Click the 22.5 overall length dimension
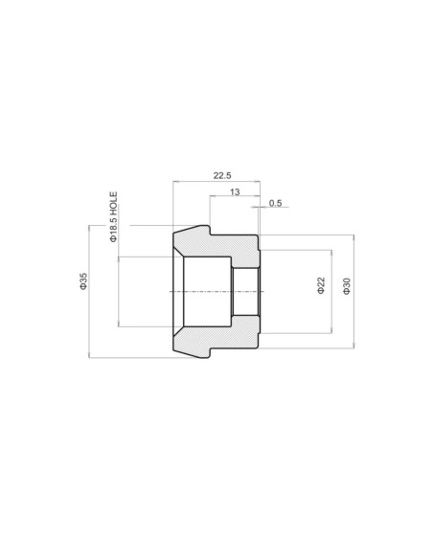(x=222, y=175)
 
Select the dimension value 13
(x=235, y=192)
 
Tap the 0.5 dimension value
(x=275, y=203)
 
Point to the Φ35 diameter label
(x=83, y=281)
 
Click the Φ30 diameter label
(x=347, y=286)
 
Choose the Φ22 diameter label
(x=321, y=285)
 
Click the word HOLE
(x=113, y=203)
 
